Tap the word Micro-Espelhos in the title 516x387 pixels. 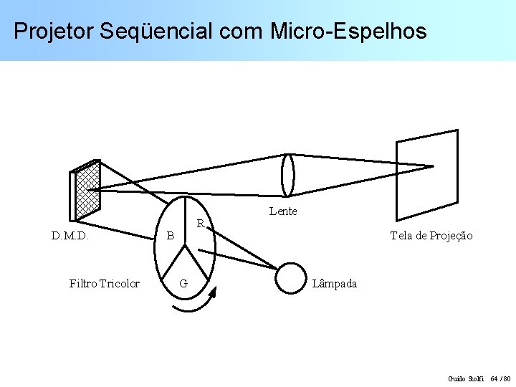(x=348, y=32)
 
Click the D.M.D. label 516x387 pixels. (x=70, y=236)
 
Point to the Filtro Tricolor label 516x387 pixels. (x=104, y=284)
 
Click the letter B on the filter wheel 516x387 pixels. (x=170, y=236)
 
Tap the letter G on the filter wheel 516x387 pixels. (x=183, y=284)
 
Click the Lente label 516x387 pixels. (x=283, y=211)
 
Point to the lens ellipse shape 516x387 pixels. (x=287, y=175)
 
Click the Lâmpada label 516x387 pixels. (x=335, y=284)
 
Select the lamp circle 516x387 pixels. (x=291, y=278)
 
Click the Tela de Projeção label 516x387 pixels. (x=431, y=236)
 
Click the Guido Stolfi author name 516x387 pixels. (x=466, y=378)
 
